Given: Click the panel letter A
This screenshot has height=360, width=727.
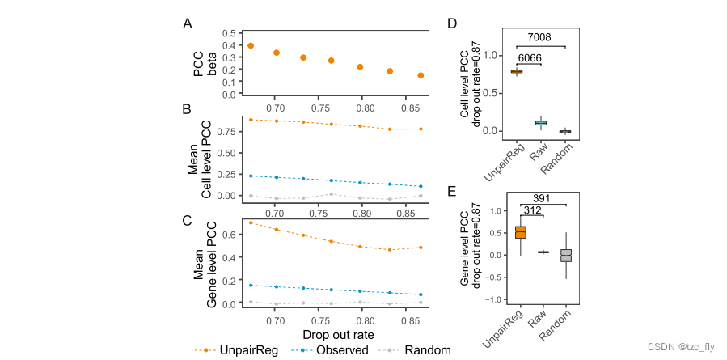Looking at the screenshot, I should click(187, 24).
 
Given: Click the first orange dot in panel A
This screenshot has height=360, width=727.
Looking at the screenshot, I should click(251, 46).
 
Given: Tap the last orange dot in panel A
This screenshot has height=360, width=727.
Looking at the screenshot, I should click(421, 75).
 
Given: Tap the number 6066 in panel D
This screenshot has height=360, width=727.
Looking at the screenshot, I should click(530, 58).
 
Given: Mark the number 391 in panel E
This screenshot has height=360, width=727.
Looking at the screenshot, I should click(543, 199).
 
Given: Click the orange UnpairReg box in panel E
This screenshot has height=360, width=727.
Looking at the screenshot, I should click(521, 232).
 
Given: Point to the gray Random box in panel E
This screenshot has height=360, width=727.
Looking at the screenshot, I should click(566, 255).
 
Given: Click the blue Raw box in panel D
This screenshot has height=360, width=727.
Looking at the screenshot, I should click(541, 123).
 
